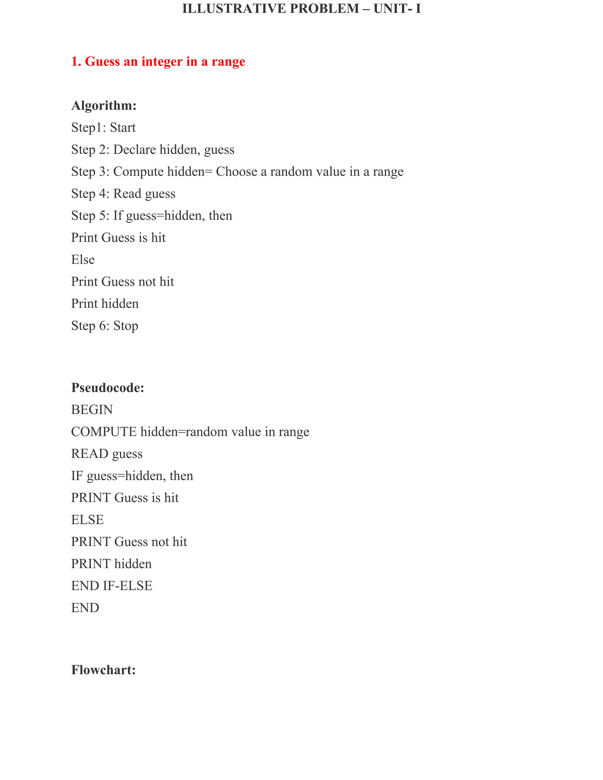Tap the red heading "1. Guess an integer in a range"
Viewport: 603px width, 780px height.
[158, 62]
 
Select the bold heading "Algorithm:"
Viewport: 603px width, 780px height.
[104, 106]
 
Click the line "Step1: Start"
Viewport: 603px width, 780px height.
[103, 127]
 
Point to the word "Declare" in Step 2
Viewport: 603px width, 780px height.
[135, 150]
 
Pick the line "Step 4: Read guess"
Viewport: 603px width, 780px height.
[123, 194]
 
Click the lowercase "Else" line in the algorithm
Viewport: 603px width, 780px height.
[83, 260]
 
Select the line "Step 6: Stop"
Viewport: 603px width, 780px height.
[104, 326]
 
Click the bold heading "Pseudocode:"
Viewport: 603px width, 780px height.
[107, 388]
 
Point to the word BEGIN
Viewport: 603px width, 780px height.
[92, 410]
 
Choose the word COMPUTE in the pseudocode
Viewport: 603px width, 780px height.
[104, 432]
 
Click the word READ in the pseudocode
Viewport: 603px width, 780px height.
[90, 454]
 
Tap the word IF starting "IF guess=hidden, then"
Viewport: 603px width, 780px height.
[77, 476]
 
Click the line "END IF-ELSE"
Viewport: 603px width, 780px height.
[112, 586]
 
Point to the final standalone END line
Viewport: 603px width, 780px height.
[85, 608]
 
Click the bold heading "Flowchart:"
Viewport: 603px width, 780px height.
[103, 670]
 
